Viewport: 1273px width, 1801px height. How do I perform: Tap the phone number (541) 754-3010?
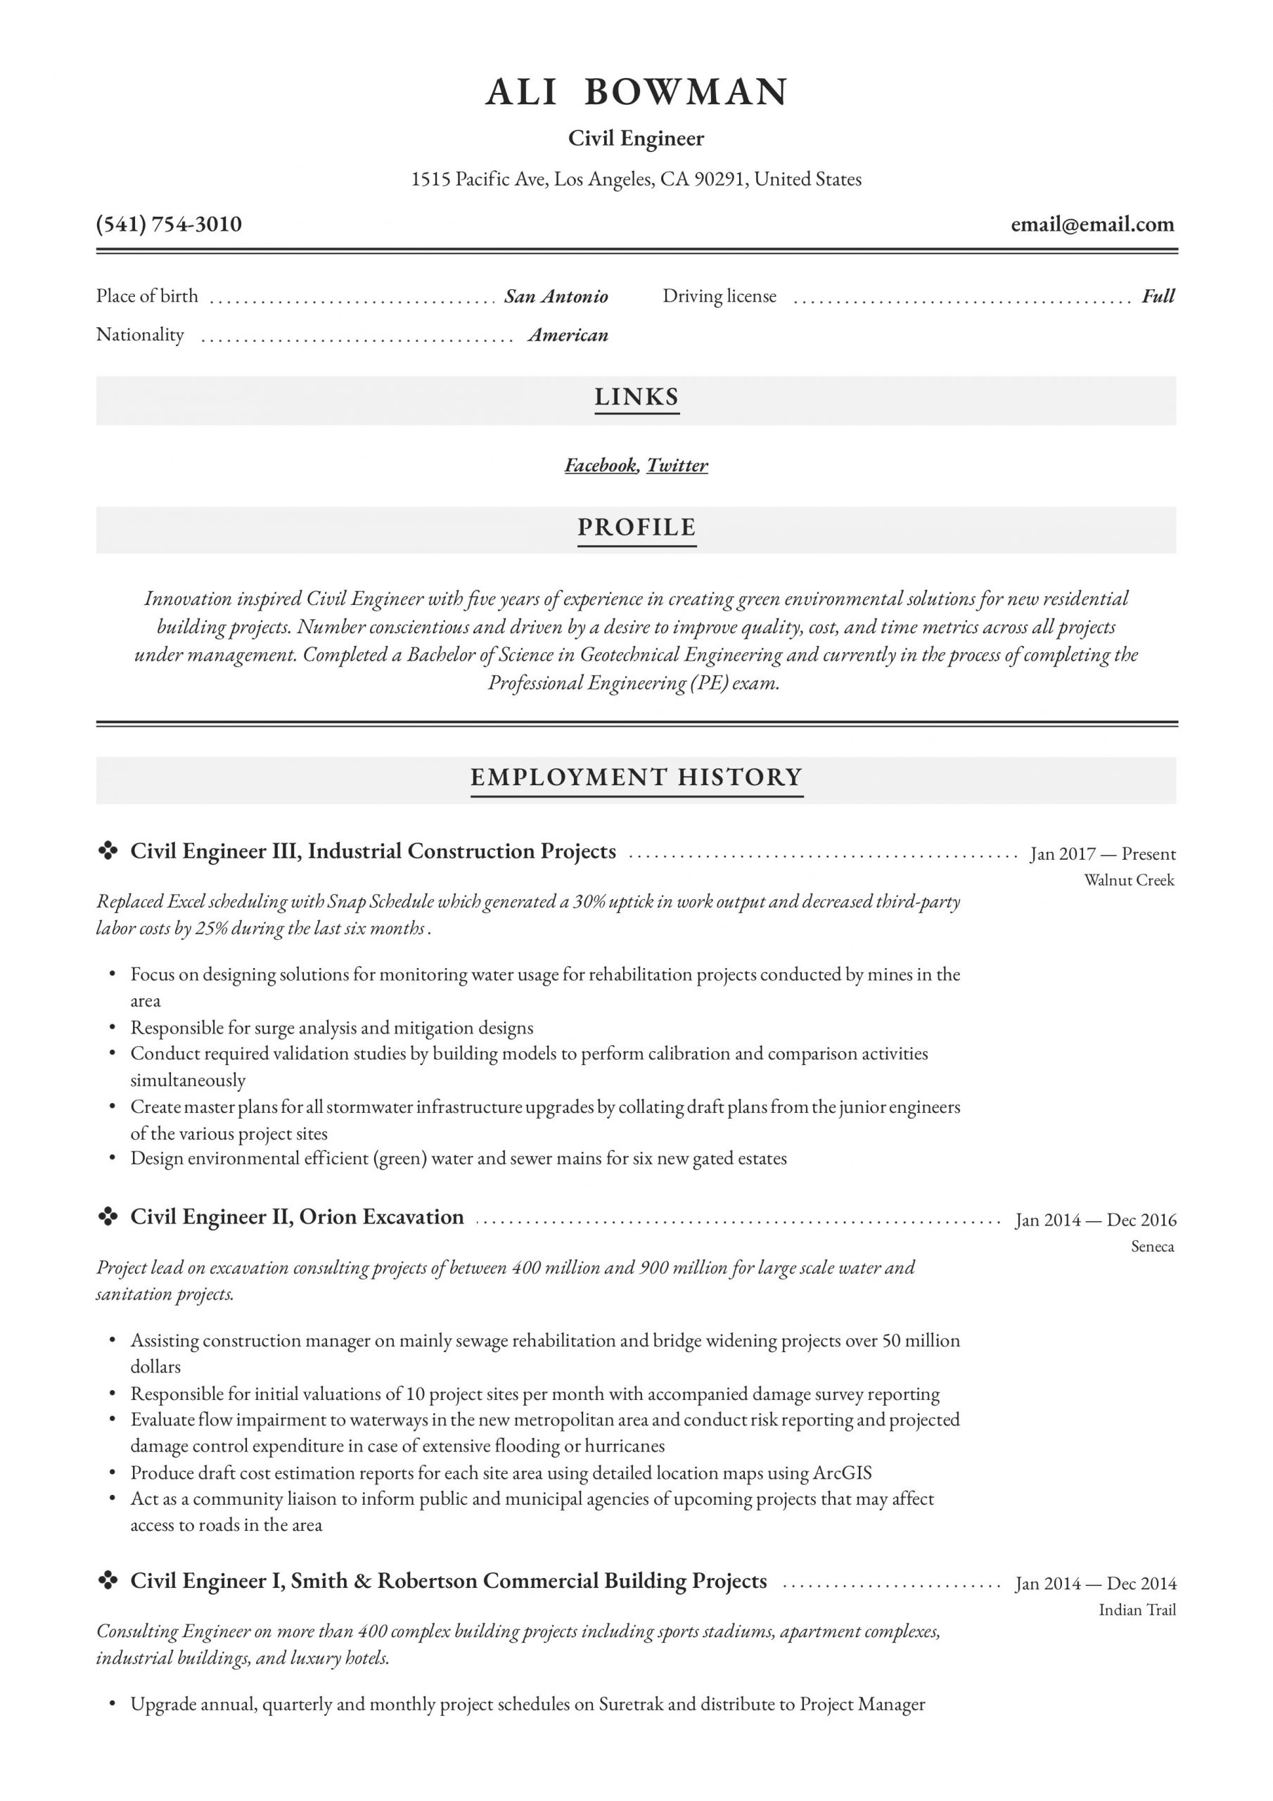[169, 224]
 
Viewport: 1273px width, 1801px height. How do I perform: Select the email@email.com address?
[1092, 225]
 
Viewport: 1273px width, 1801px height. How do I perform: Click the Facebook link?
[600, 465]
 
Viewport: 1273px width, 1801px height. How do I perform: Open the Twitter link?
[677, 465]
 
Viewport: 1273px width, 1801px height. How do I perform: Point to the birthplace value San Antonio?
[556, 296]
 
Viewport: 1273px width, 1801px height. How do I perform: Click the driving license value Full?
[1158, 296]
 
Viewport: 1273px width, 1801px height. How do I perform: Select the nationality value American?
[568, 335]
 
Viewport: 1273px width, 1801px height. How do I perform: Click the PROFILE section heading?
[636, 527]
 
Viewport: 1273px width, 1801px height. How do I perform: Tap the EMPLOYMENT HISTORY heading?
[636, 777]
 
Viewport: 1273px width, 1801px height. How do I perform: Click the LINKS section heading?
[636, 397]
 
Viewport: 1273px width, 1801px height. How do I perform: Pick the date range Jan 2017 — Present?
[1103, 853]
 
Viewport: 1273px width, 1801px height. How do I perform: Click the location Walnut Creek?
[1129, 880]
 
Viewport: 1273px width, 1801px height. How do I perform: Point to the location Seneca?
[1152, 1247]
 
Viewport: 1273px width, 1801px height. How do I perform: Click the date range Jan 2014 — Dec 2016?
[1096, 1220]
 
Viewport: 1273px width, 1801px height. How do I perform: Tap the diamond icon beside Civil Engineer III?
[108, 851]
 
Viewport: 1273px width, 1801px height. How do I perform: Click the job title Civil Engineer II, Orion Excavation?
[297, 1216]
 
